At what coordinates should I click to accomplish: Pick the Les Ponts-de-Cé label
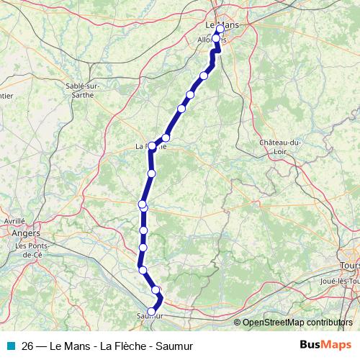click(x=33, y=250)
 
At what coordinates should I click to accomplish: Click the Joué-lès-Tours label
click(x=338, y=280)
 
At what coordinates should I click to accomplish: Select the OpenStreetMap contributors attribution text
click(x=298, y=323)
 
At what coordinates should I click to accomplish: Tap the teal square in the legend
click(x=10, y=346)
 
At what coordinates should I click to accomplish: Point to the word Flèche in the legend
click(x=127, y=346)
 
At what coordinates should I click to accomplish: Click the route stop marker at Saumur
click(x=151, y=311)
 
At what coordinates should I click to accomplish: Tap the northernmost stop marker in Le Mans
click(x=220, y=30)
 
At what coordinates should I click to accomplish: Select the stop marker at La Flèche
click(x=152, y=145)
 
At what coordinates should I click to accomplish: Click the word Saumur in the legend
click(x=175, y=346)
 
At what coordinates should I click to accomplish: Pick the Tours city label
click(x=351, y=256)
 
